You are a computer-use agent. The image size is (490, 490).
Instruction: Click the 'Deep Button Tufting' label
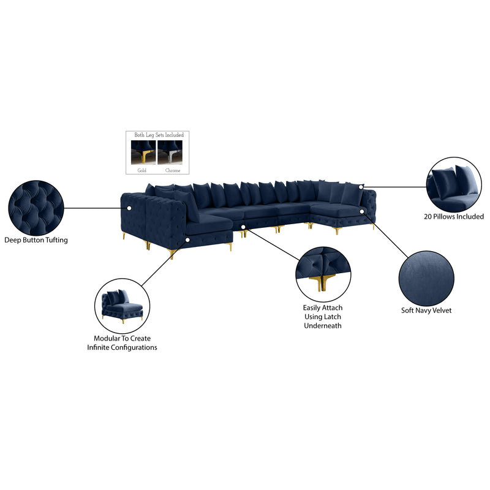point(36,240)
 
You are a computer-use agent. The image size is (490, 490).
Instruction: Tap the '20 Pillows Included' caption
point(454,216)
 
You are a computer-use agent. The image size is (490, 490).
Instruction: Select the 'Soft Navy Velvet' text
point(426,311)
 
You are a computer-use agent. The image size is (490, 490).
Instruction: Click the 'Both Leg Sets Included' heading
point(159,135)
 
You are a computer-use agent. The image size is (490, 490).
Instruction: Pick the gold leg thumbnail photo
point(143,152)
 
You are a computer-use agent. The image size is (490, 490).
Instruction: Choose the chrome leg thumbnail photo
point(170,152)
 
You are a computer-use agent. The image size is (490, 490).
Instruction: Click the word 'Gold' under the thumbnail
point(142,170)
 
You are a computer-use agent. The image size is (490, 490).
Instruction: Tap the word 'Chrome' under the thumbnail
point(173,170)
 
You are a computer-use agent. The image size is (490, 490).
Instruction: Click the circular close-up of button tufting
point(36,208)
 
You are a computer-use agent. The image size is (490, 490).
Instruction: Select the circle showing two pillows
point(454,184)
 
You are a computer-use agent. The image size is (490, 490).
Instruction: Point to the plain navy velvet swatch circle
point(426,278)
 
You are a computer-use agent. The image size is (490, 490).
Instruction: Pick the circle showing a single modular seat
point(122,306)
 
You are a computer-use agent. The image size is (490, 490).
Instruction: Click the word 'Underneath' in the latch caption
point(323,326)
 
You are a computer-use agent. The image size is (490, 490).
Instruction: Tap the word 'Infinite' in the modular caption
point(98,347)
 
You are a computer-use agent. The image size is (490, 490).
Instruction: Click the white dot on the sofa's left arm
point(129,208)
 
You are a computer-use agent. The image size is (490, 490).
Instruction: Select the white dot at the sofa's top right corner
point(361,187)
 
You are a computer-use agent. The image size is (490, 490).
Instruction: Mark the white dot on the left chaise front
point(187,239)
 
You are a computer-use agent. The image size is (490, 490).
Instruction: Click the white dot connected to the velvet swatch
point(362,211)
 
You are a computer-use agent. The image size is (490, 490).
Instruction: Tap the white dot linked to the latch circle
point(243,226)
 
